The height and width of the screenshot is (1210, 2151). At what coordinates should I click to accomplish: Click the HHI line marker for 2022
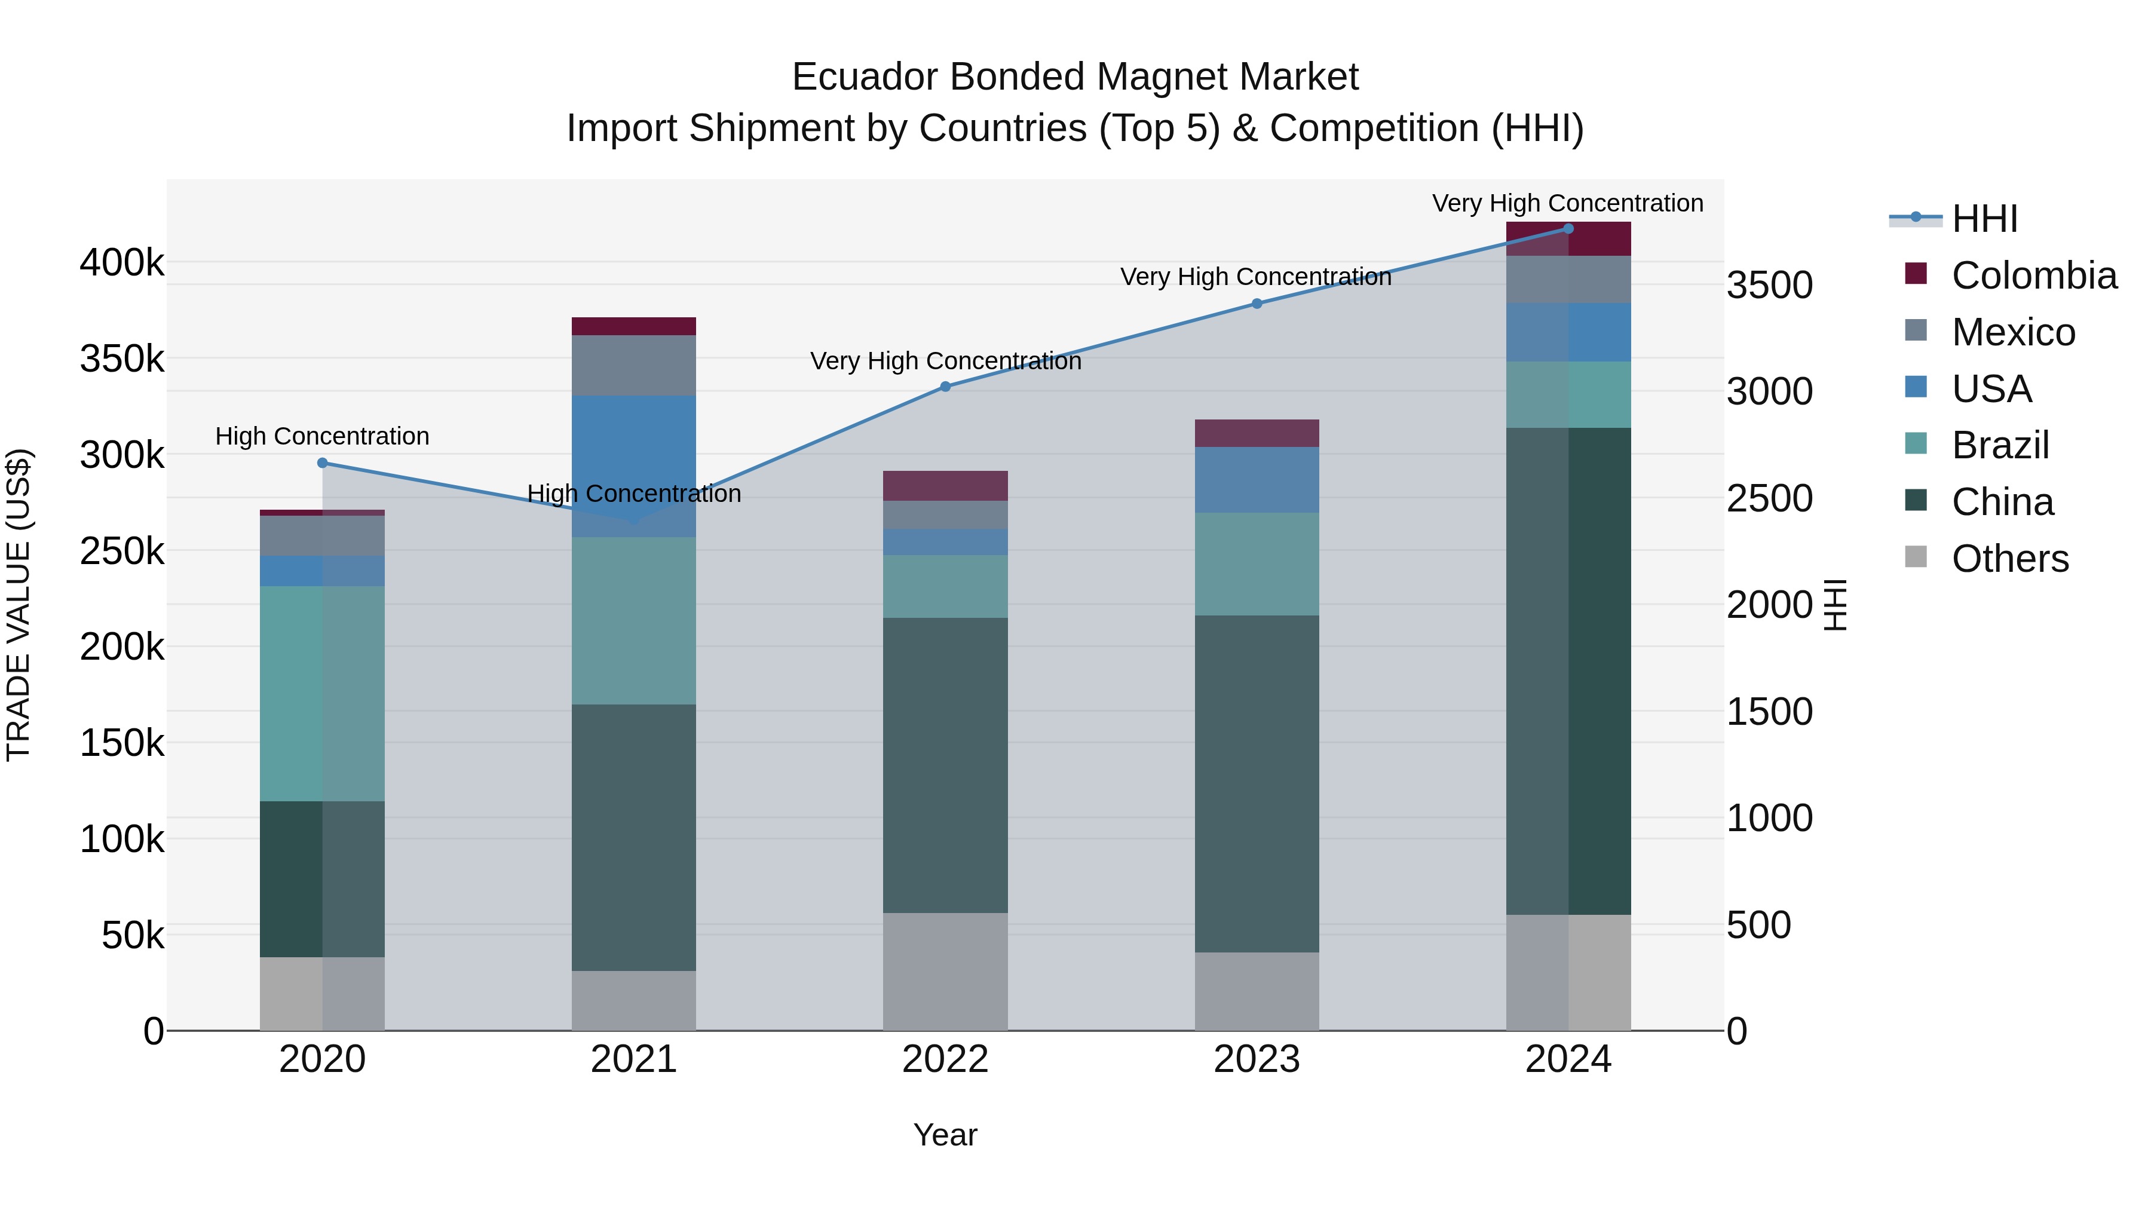coord(945,387)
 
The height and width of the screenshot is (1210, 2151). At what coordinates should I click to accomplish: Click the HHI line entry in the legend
coord(1983,219)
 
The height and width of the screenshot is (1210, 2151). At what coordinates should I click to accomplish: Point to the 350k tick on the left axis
coord(122,360)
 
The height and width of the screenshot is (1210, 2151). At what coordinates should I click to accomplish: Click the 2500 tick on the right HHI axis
coord(1769,498)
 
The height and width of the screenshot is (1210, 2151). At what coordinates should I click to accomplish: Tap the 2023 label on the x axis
coord(1256,1059)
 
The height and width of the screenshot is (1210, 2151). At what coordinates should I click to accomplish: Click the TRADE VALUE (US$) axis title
coord(19,605)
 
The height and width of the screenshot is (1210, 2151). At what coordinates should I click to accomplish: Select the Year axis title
coord(945,1135)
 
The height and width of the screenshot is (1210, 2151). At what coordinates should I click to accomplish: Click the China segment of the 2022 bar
coord(945,764)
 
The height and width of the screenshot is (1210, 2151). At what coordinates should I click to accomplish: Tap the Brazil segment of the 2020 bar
coord(322,693)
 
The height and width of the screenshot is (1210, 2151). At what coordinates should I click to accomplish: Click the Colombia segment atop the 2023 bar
coord(1256,433)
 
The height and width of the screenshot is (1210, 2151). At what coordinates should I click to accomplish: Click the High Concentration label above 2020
coord(322,436)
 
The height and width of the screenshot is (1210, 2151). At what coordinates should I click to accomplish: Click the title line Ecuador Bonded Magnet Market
coord(1075,77)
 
